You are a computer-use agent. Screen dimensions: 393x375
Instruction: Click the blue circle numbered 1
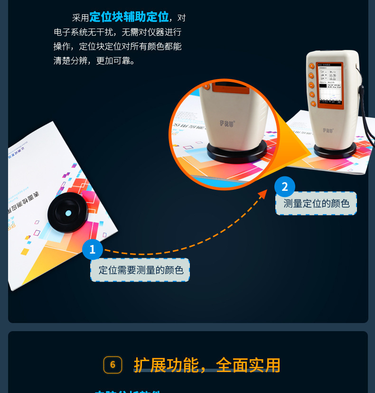92,249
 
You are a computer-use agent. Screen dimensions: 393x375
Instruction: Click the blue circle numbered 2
285,187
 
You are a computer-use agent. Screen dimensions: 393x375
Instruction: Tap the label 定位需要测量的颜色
140,270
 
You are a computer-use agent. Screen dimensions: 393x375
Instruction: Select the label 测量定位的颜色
316,204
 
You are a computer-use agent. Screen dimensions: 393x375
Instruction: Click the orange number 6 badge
112,365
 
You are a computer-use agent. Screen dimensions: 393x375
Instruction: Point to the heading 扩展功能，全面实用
207,365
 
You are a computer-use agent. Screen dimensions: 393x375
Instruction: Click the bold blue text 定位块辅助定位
129,17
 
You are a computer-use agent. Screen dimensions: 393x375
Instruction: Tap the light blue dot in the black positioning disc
68,213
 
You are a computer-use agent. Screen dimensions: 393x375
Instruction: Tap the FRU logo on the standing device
328,129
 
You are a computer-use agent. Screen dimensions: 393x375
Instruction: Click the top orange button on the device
312,66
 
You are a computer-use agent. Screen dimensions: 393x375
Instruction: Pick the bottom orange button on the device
313,104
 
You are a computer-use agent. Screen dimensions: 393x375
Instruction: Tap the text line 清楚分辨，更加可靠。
94,61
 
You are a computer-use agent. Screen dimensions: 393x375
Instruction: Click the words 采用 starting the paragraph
80,18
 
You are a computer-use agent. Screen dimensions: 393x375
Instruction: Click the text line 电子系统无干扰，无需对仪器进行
117,32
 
